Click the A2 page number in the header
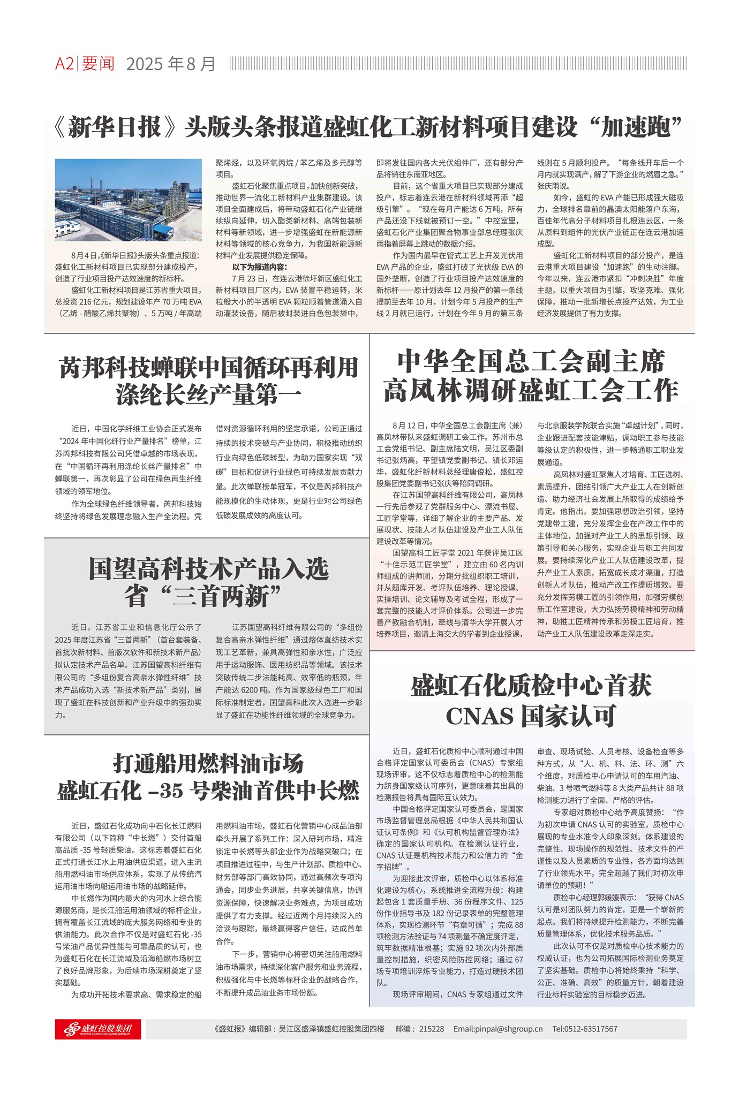(x=64, y=64)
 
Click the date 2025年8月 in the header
(x=170, y=64)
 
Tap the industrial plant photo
(x=129, y=200)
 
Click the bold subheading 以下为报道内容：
(x=259, y=267)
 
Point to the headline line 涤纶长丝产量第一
(x=208, y=395)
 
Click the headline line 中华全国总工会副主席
(x=531, y=362)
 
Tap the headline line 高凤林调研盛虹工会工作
(x=531, y=390)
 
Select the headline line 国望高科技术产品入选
(x=208, y=568)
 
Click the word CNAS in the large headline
(x=479, y=716)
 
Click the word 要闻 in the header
(x=99, y=64)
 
